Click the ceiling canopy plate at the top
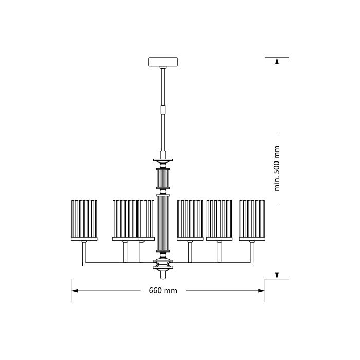click(x=163, y=62)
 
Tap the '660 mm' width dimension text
click(x=163, y=291)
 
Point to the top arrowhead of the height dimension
click(x=277, y=61)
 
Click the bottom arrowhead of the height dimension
click(x=277, y=276)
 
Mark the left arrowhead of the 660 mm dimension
click(x=75, y=291)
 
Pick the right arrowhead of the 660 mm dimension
click(x=261, y=291)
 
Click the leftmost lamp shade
click(x=84, y=218)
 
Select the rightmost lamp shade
click(x=252, y=218)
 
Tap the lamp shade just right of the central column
click(x=190, y=218)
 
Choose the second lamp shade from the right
click(x=219, y=218)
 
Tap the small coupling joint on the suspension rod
click(x=163, y=109)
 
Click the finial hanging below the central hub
click(x=163, y=275)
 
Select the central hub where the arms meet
click(x=163, y=265)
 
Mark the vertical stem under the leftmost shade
click(x=84, y=252)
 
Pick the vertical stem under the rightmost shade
click(x=252, y=252)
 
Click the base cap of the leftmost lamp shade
click(x=84, y=239)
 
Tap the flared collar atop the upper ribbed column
click(x=163, y=160)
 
